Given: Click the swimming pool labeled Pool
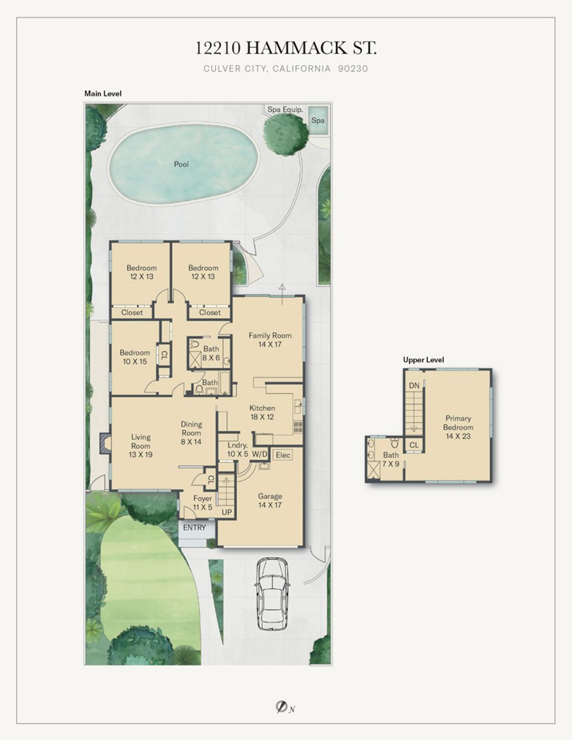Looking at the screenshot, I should click(182, 164).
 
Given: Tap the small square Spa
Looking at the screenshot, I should click(318, 120).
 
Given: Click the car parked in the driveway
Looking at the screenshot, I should click(271, 594).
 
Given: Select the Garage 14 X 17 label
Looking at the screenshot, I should click(270, 501).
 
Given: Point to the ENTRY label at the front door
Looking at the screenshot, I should click(194, 527).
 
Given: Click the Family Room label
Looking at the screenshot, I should click(270, 339).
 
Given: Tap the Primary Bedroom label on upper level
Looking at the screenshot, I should click(457, 427).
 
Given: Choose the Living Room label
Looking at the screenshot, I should click(141, 445).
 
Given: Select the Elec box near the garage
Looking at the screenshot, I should click(283, 455).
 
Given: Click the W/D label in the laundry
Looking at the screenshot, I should click(260, 454).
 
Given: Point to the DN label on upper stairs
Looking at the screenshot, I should click(414, 386).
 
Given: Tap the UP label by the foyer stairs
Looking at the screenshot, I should click(227, 512).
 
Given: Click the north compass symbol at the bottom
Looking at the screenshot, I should click(282, 708).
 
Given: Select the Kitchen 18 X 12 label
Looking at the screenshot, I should click(262, 412).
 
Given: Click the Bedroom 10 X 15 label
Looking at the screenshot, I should click(135, 357).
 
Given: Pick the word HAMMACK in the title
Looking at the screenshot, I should click(296, 48).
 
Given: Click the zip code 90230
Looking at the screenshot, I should click(353, 69).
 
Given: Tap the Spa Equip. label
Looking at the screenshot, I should click(285, 109).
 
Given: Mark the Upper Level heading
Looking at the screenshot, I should click(423, 360).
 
